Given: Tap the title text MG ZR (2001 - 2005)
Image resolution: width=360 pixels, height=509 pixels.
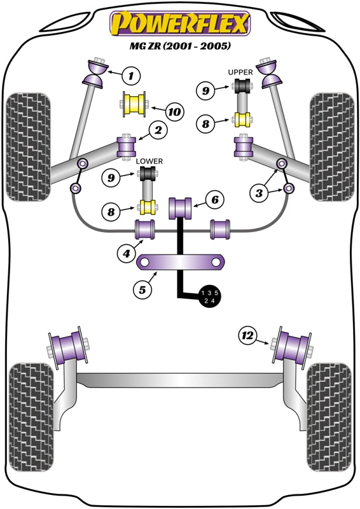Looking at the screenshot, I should point(180,47).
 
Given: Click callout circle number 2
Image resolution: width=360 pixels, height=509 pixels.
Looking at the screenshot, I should point(156,132).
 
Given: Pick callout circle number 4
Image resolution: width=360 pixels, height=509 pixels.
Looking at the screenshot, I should point(128,254).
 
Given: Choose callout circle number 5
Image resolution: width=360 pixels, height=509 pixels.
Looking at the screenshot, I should point(142,290).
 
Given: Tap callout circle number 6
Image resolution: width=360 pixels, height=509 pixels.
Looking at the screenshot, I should point(215,200).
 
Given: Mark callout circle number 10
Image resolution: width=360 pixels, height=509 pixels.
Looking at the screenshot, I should point(174,112).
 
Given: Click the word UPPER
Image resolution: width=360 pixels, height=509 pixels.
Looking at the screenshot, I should point(240,73).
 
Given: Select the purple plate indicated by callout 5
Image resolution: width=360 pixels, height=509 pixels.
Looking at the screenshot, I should point(183,262).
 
